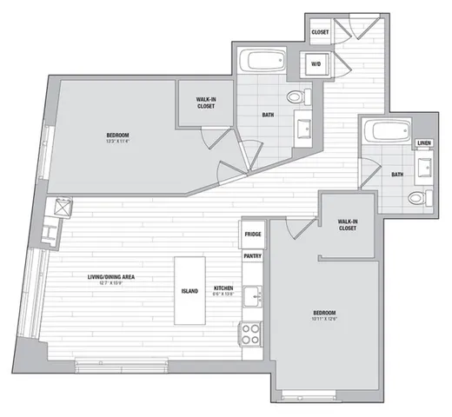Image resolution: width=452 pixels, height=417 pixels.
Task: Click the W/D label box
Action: [313, 63]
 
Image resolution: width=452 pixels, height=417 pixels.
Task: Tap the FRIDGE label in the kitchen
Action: [253, 235]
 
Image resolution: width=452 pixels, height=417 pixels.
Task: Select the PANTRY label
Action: [253, 256]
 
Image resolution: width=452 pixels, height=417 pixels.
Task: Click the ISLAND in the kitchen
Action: [189, 290]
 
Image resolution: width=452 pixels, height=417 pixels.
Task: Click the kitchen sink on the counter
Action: [253, 297]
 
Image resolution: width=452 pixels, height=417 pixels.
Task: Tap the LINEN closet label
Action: [423, 143]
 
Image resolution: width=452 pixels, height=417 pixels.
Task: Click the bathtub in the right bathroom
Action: [388, 133]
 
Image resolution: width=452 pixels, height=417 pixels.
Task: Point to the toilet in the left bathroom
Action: [296, 96]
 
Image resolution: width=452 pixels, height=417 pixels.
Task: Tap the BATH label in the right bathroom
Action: [397, 175]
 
